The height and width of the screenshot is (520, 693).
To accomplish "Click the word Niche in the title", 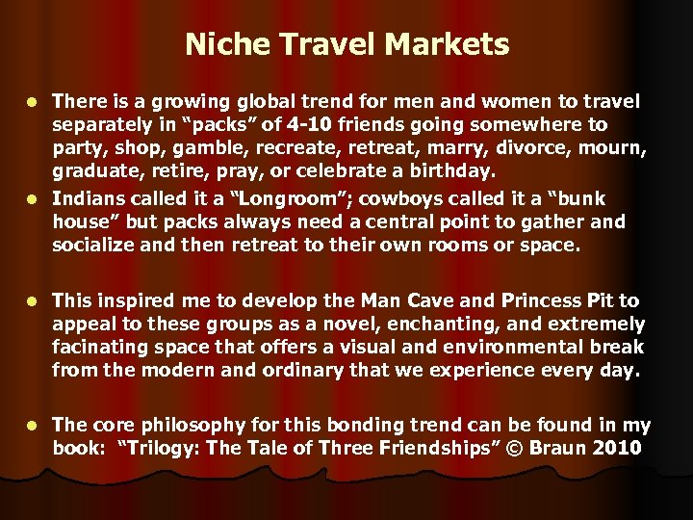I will pyautogui.click(x=218, y=44).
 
